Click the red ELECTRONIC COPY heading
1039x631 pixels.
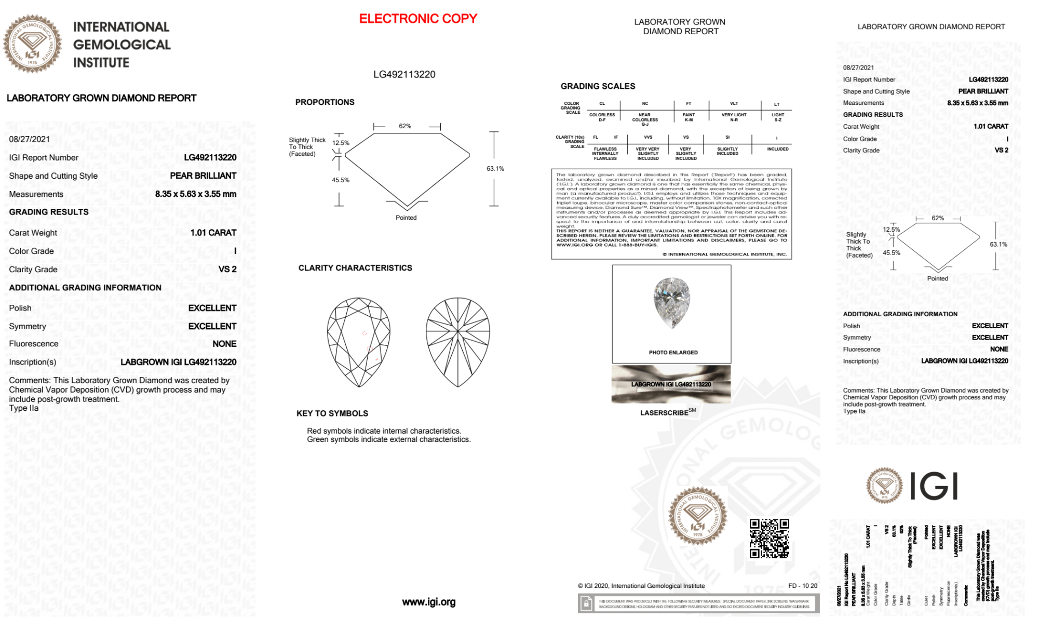[x=418, y=19]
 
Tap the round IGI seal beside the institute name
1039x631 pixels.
[x=32, y=44]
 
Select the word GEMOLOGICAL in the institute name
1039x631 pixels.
[x=122, y=45]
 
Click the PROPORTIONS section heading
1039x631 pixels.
[x=325, y=102]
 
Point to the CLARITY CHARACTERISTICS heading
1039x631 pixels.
[x=355, y=268]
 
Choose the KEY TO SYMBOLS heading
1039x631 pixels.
[x=332, y=413]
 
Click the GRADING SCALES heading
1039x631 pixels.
[x=598, y=86]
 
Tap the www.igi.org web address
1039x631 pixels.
[x=428, y=602]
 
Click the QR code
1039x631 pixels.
[x=769, y=538]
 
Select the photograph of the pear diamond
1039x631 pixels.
[x=672, y=302]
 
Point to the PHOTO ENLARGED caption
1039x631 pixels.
[x=673, y=353]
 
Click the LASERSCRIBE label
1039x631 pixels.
[x=665, y=413]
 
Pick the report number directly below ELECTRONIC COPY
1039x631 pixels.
[x=404, y=74]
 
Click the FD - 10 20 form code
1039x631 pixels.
[x=802, y=586]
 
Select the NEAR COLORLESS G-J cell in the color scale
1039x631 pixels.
[x=644, y=119]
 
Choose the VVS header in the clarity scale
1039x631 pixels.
[x=647, y=137]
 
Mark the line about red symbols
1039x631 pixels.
[x=384, y=431]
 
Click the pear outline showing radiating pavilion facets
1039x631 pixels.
[x=457, y=342]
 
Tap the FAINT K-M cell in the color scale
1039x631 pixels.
[x=689, y=117]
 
